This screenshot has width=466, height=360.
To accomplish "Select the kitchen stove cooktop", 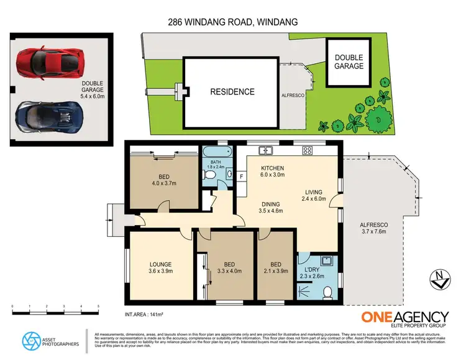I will click(307, 150).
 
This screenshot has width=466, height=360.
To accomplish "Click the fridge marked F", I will click(242, 177).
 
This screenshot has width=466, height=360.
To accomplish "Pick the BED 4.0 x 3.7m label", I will click(147, 180).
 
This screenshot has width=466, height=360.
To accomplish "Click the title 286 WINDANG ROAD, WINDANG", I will click(233, 22).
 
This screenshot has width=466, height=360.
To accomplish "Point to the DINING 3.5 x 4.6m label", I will click(270, 207).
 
